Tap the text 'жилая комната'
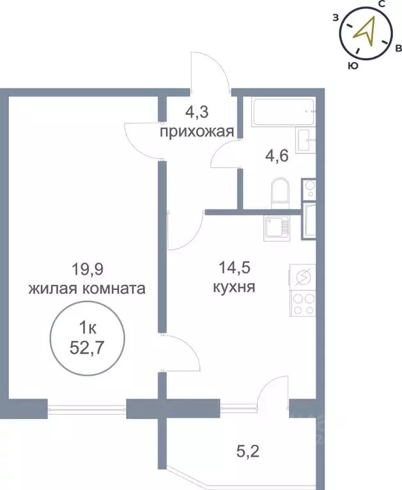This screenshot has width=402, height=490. tap(86, 288)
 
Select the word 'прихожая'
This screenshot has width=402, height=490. tap(196, 132)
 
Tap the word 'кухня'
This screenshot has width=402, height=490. tap(234, 287)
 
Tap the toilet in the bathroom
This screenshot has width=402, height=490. tap(280, 192)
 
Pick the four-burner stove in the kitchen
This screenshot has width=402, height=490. tap(302, 302)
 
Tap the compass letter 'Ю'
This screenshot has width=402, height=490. tap(351, 65)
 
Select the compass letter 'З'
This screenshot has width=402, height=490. tap(336, 18)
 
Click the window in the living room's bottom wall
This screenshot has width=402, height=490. tap(87, 408)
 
